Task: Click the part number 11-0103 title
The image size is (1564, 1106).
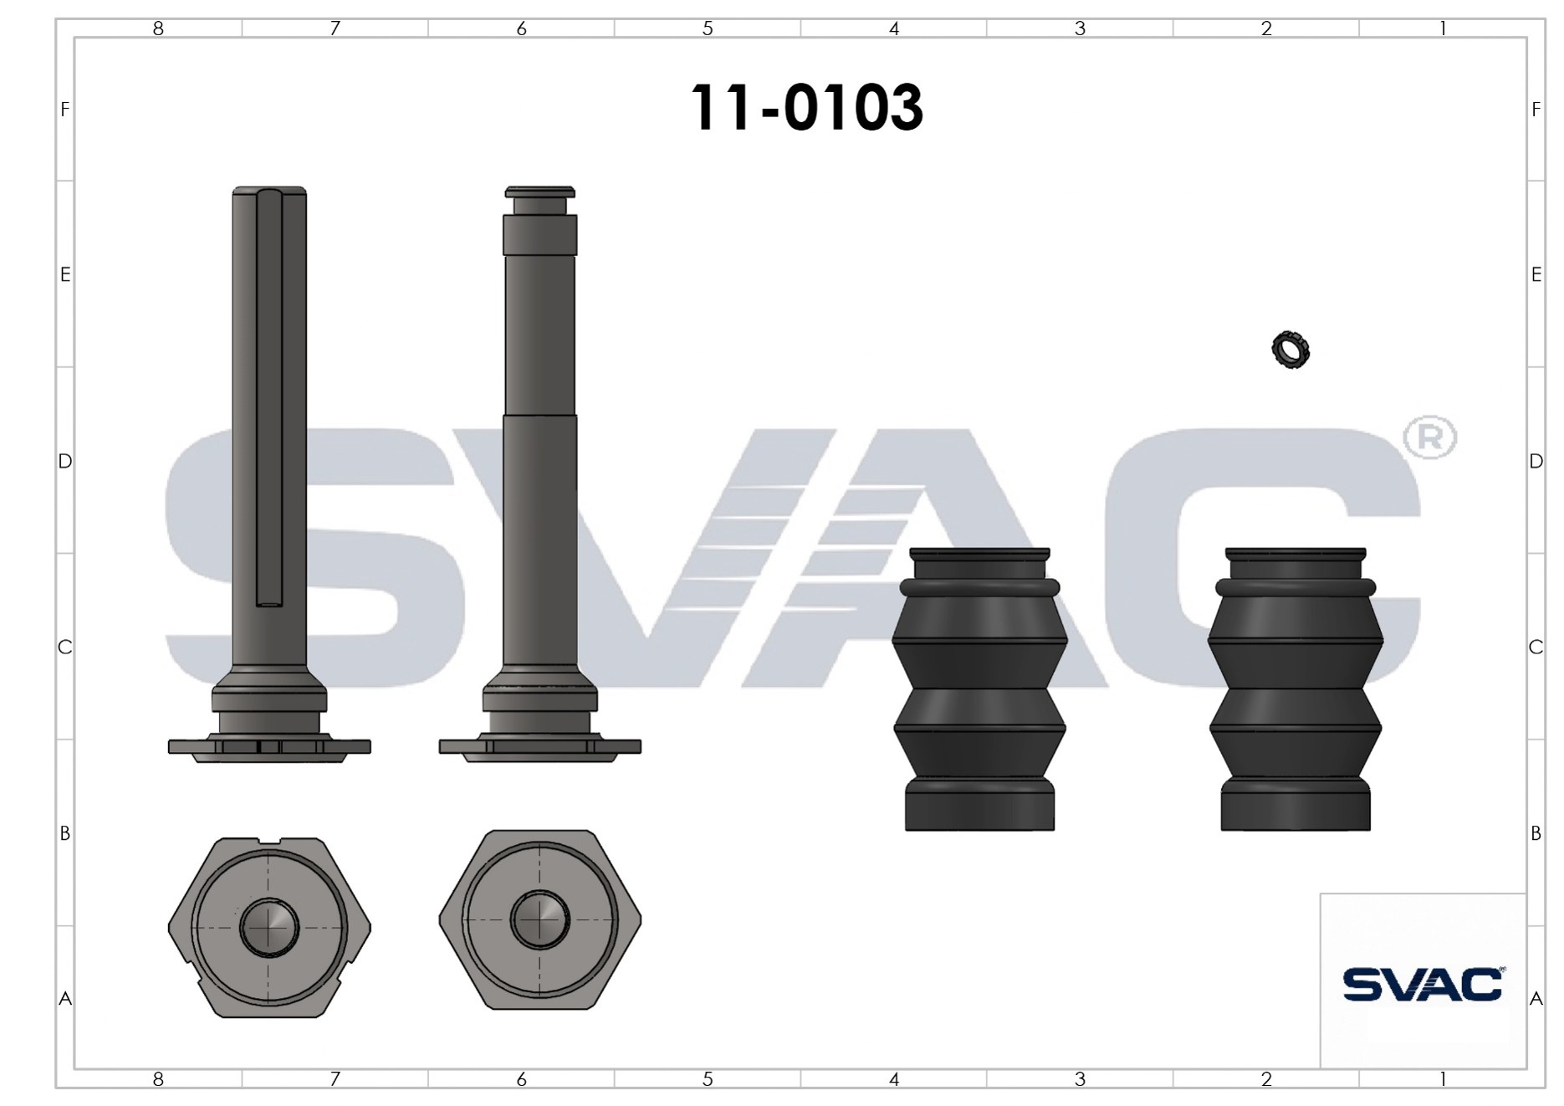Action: coord(806,108)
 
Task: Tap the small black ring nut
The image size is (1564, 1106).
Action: coord(1291,350)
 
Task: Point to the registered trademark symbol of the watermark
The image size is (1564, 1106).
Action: coord(1429,437)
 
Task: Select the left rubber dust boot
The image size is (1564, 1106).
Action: coord(979,689)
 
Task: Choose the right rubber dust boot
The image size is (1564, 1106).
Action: coord(1296,689)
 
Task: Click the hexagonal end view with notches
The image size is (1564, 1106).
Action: coord(269,927)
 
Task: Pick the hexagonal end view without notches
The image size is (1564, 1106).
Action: coord(540,919)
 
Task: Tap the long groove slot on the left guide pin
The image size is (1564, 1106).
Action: coord(269,397)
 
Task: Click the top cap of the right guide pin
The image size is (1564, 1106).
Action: coord(539,192)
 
